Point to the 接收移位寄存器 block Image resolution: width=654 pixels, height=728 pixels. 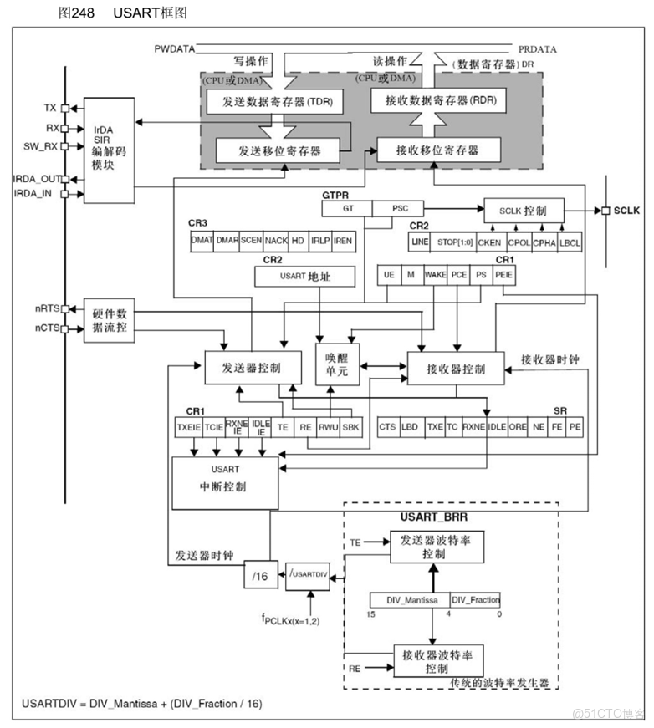(x=438, y=150)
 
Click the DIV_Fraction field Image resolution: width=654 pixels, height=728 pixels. (x=475, y=600)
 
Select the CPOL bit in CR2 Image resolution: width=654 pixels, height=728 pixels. (x=519, y=242)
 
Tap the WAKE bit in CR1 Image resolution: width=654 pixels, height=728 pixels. (x=435, y=275)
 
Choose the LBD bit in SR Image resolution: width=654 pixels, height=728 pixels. (x=410, y=426)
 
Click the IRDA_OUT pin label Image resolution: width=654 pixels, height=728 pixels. (x=37, y=179)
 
